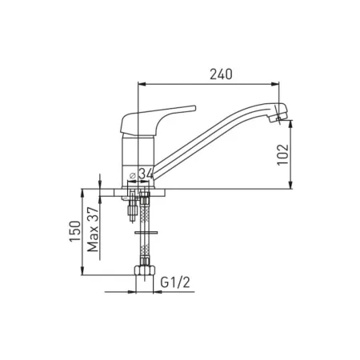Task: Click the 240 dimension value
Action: coord(221,74)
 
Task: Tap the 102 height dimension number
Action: coord(283,154)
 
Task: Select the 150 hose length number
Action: coord(75,231)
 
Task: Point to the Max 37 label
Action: coord(94,230)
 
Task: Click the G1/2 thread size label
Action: coord(175,282)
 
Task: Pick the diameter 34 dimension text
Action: coord(141,174)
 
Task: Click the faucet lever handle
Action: coord(158,120)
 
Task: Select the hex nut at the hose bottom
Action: coord(145,270)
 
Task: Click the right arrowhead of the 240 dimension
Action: coord(276,84)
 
